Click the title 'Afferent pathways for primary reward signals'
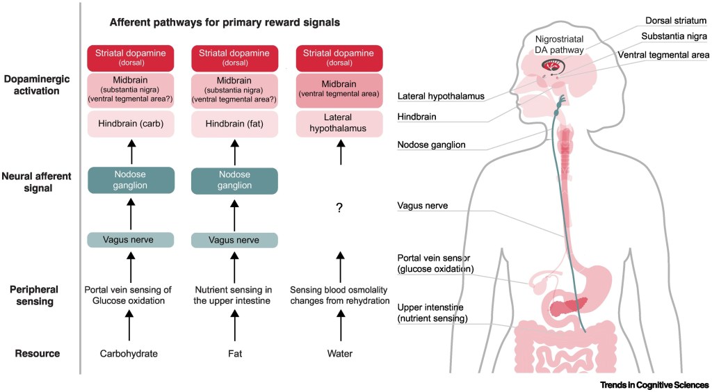pyautogui.click(x=225, y=22)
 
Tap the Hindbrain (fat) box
pyautogui.click(x=234, y=124)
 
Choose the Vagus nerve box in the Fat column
pyautogui.click(x=234, y=240)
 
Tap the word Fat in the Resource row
pyautogui.click(x=234, y=353)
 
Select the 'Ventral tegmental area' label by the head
pyautogui.click(x=663, y=55)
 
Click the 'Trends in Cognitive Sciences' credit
pyautogui.click(x=654, y=384)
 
